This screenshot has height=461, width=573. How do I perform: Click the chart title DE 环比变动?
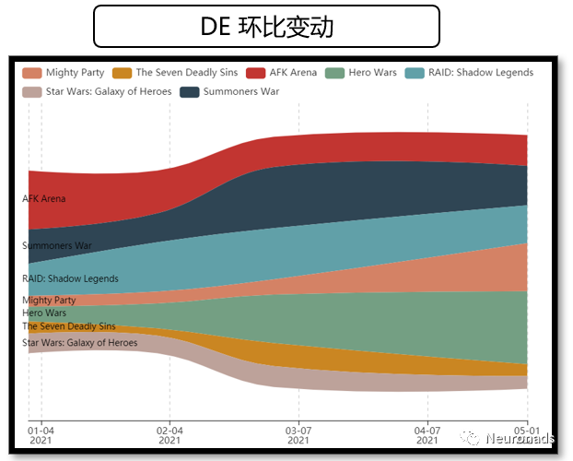tap(267, 27)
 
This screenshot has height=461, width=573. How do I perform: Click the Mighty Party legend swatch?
tap(32, 73)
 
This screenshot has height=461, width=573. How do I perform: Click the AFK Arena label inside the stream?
tap(44, 198)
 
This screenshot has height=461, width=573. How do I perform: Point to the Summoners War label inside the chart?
tap(57, 245)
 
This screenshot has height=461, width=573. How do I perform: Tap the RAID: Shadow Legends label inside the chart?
tap(70, 278)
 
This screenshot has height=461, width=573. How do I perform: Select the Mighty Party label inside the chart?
tap(50, 300)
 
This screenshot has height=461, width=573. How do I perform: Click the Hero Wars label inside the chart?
tap(44, 313)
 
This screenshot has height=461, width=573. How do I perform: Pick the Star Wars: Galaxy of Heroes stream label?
tap(79, 343)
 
